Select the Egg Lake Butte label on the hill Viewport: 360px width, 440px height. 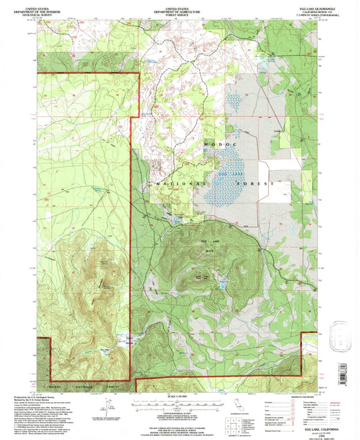click(207, 241)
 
